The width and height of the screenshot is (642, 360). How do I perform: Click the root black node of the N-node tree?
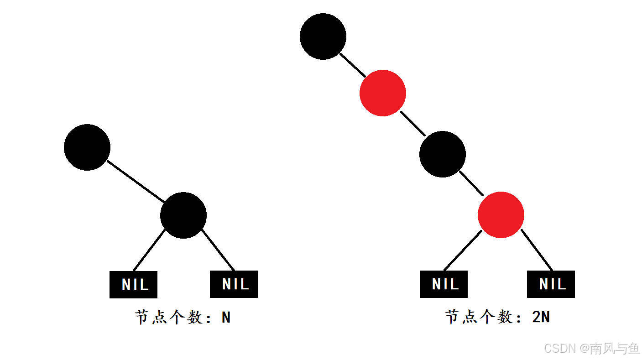click(x=87, y=147)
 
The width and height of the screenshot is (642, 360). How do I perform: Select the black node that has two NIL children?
click(x=183, y=215)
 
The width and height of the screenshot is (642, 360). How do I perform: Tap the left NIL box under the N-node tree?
click(x=133, y=285)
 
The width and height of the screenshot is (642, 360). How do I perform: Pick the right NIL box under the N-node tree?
click(x=234, y=284)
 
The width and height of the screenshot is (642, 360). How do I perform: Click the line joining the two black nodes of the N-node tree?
click(x=135, y=181)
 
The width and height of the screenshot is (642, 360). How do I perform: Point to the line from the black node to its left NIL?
click(x=149, y=250)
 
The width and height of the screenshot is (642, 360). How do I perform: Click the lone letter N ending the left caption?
click(x=226, y=317)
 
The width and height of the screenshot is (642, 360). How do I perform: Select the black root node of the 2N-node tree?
click(x=323, y=37)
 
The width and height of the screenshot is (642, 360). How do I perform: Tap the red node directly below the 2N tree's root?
click(x=383, y=93)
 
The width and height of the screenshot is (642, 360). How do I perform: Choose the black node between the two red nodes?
click(x=443, y=154)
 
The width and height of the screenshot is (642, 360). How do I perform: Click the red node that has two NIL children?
click(x=501, y=215)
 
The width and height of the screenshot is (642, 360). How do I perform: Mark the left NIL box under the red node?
click(x=444, y=284)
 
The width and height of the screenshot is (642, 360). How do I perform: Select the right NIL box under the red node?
click(x=551, y=284)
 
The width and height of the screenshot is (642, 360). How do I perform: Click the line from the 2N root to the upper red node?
click(x=352, y=65)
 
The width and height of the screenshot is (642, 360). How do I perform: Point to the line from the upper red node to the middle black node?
click(x=413, y=124)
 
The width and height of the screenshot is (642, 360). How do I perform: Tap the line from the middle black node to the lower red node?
click(x=471, y=183)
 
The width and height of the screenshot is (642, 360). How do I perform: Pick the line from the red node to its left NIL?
click(x=462, y=251)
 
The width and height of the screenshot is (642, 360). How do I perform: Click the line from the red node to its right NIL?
click(x=537, y=250)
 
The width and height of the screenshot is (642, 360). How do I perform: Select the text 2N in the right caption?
click(x=541, y=317)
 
